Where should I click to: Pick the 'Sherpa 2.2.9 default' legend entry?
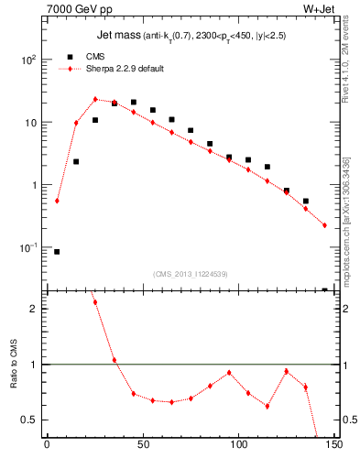115,69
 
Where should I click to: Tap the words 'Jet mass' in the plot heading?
117,36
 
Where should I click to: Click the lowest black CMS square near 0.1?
57,252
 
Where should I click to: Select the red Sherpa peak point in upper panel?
95,99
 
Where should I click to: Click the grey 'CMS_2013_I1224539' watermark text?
191,273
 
